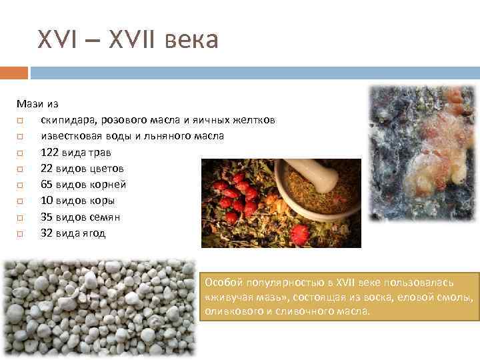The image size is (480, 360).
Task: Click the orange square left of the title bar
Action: click(13, 73)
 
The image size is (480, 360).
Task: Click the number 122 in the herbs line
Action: click(50, 152)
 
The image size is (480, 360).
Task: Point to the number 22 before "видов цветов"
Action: click(47, 169)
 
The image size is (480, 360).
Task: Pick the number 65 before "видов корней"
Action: click(47, 185)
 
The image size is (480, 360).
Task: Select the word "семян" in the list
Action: click(107, 217)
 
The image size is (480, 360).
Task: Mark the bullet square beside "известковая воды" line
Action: click(21, 137)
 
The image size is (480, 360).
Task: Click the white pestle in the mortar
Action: click(319, 175)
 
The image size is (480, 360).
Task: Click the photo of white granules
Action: click(100, 307)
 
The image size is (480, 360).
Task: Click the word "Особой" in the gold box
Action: click(223, 283)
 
